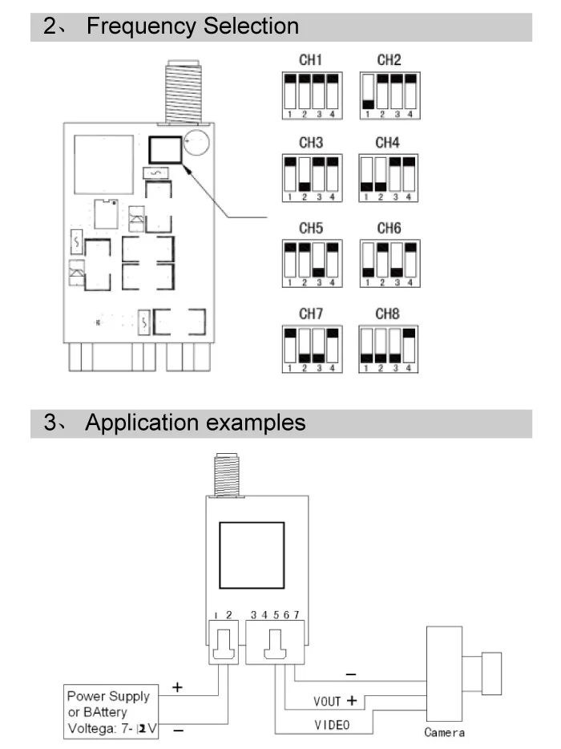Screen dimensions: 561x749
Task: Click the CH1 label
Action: click(310, 60)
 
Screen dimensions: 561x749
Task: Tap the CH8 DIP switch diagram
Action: click(388, 349)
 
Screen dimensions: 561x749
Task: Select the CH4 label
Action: click(387, 143)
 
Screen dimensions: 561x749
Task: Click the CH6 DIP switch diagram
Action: click(389, 264)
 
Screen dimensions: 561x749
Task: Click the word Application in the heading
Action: click(142, 423)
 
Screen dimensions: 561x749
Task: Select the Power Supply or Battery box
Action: click(111, 712)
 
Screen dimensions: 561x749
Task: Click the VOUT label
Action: click(327, 701)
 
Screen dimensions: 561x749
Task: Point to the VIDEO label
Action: click(332, 725)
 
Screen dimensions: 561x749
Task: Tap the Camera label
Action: click(444, 732)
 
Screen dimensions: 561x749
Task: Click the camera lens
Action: click(491, 674)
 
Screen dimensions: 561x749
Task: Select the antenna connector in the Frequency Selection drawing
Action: click(183, 91)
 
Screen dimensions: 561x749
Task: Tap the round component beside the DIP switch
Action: click(196, 142)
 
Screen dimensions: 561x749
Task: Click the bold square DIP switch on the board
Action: click(165, 150)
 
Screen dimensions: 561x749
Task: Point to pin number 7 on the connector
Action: click(296, 615)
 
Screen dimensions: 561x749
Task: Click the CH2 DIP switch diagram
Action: click(389, 95)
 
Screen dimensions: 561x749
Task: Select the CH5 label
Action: click(311, 229)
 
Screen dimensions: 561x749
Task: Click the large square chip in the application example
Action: click(252, 555)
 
